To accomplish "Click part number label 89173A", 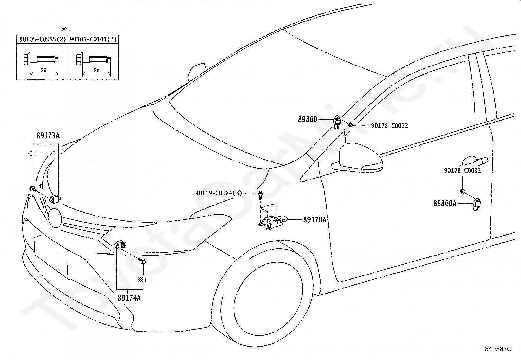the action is pos(48,136).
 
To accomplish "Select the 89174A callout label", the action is pos(129,298).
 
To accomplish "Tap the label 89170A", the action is pos(315,220).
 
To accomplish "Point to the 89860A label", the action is pos(445,203).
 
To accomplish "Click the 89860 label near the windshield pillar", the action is pos(308,119).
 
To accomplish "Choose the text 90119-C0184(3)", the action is pos(219,193).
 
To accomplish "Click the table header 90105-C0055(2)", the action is pos(43,39).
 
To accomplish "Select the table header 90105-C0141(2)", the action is pos(93,39).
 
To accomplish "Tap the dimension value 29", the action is pos(44,70).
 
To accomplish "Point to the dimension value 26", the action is pos(97,70).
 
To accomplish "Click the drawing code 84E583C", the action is pos(498,349).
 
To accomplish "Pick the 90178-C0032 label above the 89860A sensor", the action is pos(462,170).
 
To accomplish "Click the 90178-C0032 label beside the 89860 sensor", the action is pos(389,126).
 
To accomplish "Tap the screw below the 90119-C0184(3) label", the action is pos(260,195).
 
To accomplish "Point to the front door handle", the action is pos(475,161).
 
